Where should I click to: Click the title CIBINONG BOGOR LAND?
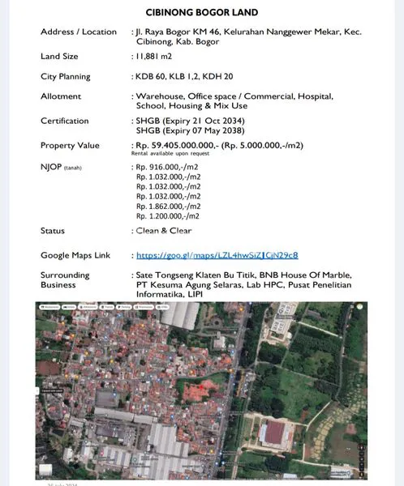[x=202, y=13]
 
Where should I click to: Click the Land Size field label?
[x=60, y=57]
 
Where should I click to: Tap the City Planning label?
[x=66, y=76]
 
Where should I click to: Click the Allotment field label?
[x=61, y=96]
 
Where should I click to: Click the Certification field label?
[x=65, y=121]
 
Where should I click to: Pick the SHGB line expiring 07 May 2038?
[x=191, y=130]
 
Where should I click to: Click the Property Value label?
[x=70, y=146]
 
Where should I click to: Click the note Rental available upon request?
[x=170, y=154]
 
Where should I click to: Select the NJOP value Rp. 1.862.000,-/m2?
[x=168, y=206]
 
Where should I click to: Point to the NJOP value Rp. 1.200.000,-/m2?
[x=168, y=216]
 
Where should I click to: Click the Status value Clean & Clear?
[x=167, y=231]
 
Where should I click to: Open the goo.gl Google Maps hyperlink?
[x=217, y=255]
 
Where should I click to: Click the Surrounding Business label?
[x=65, y=279]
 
